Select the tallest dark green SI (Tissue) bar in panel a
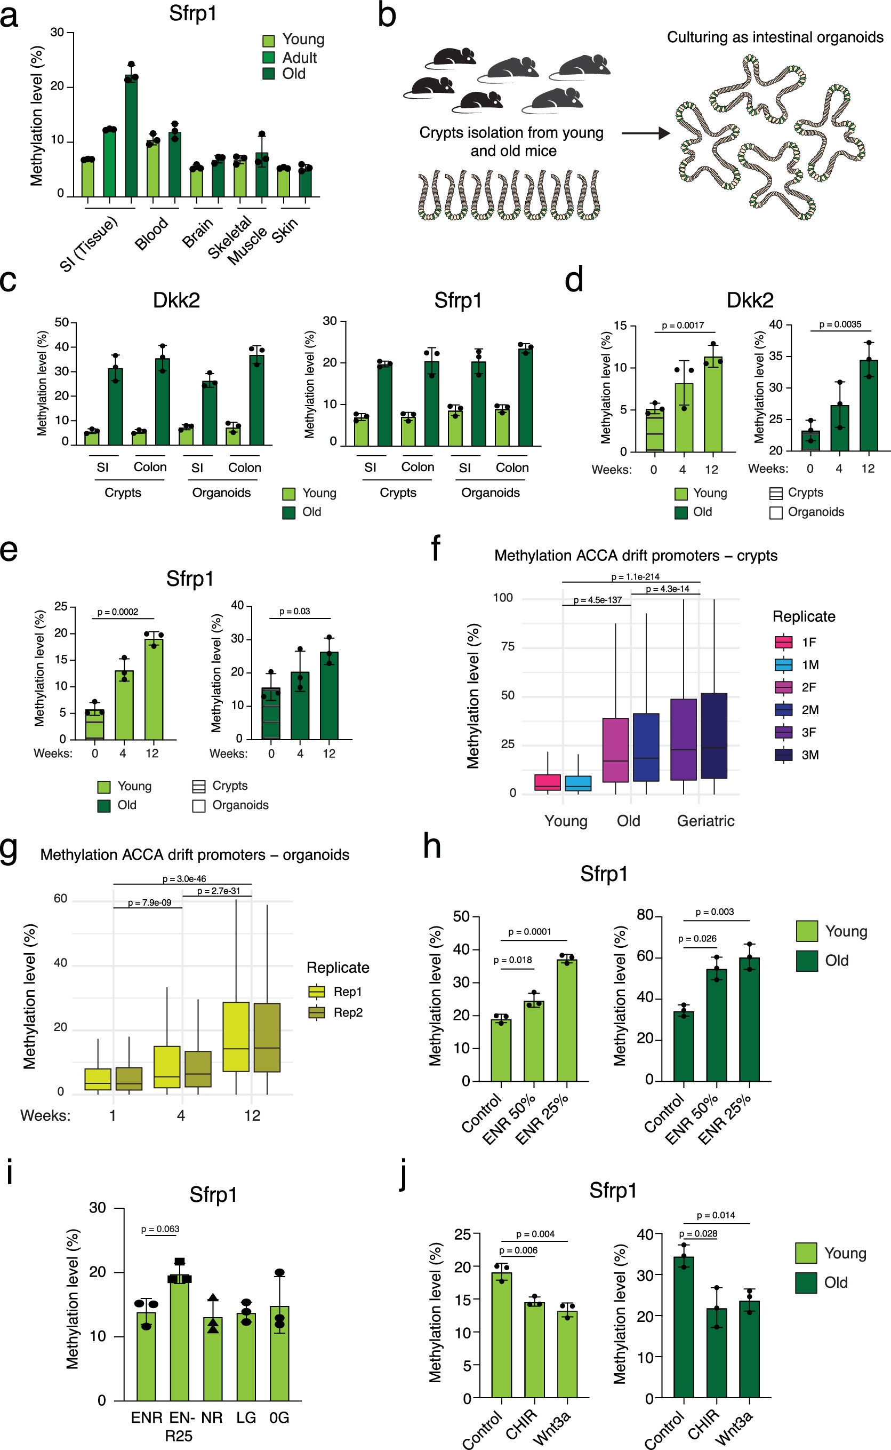[131, 136]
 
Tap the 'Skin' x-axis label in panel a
[285, 231]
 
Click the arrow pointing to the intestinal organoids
[645, 133]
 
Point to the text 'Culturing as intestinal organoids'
[774, 37]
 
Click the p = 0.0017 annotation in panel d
[683, 326]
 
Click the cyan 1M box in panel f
[578, 783]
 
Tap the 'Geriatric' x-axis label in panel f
[705, 821]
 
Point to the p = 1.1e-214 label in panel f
[635, 577]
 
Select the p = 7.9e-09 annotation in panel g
[150, 903]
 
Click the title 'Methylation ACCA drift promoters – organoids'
[195, 854]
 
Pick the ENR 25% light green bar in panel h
[567, 1020]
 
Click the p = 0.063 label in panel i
[160, 1229]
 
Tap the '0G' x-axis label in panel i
[279, 1417]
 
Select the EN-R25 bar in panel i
[179, 1338]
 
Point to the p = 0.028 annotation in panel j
[698, 1233]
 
